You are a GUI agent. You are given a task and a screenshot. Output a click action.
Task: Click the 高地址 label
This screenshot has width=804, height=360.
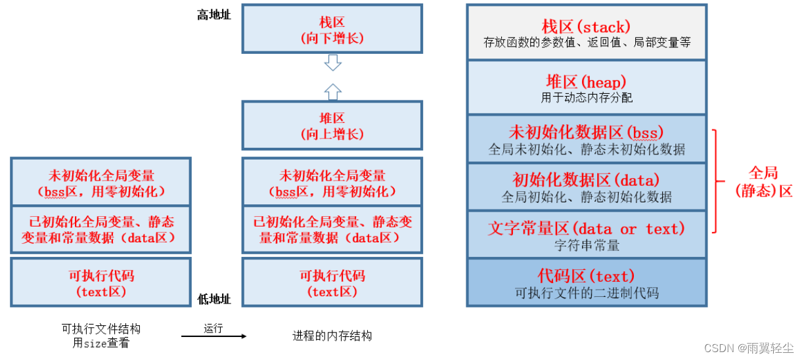[213, 14]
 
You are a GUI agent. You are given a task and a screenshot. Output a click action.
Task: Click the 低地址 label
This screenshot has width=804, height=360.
[213, 299]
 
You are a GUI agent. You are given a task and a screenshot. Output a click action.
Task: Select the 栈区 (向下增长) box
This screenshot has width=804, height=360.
[332, 30]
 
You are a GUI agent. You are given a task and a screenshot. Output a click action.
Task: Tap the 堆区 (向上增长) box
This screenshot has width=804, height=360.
[332, 125]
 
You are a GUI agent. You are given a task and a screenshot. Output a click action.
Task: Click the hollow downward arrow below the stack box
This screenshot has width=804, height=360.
[333, 63]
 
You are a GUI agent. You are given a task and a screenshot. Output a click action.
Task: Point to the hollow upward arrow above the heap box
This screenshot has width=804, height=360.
[333, 91]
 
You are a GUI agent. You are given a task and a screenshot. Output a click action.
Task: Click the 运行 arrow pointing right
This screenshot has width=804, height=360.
[213, 336]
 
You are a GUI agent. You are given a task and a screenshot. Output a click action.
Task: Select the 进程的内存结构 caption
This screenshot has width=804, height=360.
[332, 336]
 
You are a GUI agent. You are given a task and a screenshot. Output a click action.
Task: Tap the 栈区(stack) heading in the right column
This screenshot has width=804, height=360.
[586, 26]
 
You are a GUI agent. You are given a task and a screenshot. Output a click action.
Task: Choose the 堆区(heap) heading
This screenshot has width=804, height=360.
[586, 81]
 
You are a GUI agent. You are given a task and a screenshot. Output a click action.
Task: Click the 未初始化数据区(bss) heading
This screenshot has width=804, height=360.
[586, 132]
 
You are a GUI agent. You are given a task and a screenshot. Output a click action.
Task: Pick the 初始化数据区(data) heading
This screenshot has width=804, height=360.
[586, 180]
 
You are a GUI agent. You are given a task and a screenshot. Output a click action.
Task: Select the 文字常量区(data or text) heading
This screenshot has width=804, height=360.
[586, 228]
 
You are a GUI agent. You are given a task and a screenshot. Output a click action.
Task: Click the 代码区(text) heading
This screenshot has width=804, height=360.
[586, 275]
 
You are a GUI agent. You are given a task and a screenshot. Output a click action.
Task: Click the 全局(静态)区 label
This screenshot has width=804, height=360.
[763, 181]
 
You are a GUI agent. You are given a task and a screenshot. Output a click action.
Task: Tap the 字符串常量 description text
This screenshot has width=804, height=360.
[586, 245]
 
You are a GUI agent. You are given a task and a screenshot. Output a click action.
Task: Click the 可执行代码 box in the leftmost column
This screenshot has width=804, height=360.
[100, 282]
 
